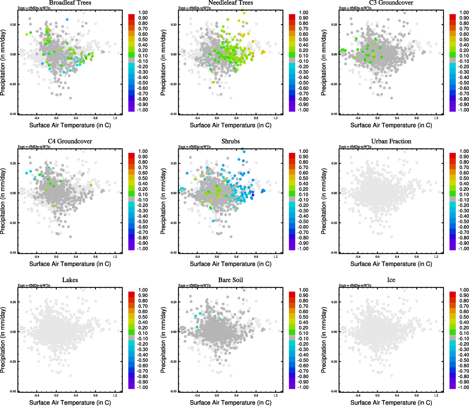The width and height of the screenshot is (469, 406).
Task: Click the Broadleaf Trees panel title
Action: [70, 3]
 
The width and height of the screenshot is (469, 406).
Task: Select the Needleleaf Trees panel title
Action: [230, 3]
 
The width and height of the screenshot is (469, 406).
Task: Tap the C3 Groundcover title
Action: [391, 3]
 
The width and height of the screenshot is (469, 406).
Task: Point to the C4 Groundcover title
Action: [70, 141]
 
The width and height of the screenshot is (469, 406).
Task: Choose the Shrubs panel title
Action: [230, 141]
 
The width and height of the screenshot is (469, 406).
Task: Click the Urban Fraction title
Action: [391, 141]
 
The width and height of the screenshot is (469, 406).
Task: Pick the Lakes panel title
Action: [70, 280]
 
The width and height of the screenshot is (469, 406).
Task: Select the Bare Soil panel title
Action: [230, 280]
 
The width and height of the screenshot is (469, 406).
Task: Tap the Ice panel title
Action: [391, 280]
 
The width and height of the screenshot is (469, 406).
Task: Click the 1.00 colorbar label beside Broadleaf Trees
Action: [143, 13]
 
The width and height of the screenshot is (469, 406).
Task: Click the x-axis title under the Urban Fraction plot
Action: [391, 264]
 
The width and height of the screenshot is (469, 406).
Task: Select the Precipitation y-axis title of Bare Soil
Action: [163, 340]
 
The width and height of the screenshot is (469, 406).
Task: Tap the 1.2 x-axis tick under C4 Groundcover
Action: [115, 257]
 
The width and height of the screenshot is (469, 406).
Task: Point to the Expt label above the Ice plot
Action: [355, 286]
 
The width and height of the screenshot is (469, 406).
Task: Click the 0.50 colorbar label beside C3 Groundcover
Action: [464, 40]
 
